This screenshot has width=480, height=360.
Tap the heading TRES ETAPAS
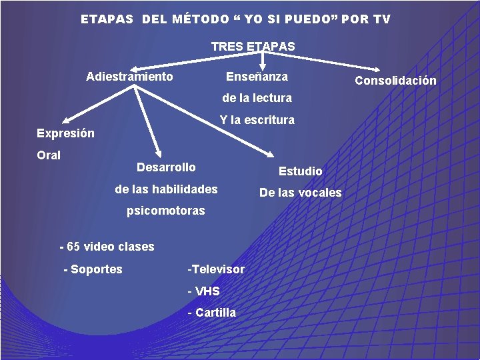coord(253,47)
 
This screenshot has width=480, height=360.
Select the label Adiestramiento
coord(129,77)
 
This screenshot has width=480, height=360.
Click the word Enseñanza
coord(257,77)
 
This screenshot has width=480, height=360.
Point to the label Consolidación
coord(395,81)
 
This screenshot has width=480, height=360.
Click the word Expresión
coord(65,133)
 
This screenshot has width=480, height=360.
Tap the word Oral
coord(49,155)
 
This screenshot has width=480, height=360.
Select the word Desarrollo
coord(166,167)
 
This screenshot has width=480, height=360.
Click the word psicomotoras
coord(166,211)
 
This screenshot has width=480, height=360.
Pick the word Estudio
coord(300,171)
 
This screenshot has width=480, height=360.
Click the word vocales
coord(319,193)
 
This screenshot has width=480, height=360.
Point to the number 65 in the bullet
coord(73,247)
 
